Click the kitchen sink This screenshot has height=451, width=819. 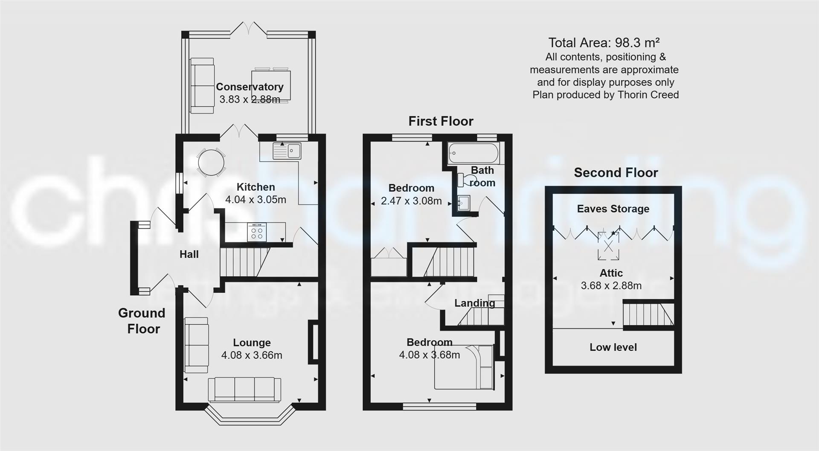point(288,151)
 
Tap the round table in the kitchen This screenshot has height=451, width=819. point(211,163)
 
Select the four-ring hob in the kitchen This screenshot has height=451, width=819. point(257,232)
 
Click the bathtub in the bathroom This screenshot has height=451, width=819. point(473,153)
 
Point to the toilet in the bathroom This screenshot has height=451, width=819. point(462,180)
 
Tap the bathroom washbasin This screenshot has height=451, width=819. point(464,203)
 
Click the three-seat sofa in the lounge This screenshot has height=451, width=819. point(244,390)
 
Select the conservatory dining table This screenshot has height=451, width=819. point(271,85)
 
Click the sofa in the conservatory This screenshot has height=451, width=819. point(202,86)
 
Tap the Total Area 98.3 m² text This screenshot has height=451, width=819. point(604,43)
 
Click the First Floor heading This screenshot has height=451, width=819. point(441,121)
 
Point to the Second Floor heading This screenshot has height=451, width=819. point(616,173)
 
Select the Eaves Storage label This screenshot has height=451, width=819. point(613,209)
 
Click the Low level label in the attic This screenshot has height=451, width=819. point(613,347)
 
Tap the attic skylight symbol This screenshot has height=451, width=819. point(608,246)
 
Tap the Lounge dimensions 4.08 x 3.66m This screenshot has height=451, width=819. point(252,355)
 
